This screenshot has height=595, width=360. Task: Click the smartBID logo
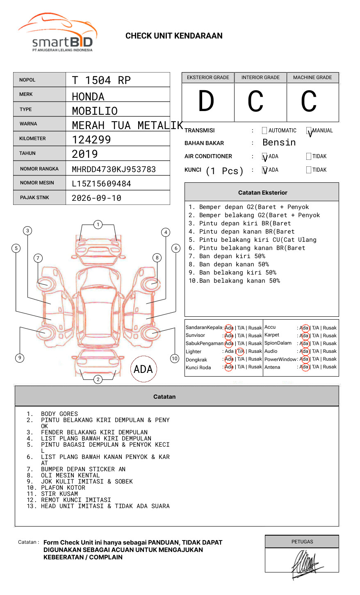pos(57,34)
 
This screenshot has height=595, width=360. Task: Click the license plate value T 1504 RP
pos(101,80)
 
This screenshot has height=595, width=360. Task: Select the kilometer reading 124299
pos(91,140)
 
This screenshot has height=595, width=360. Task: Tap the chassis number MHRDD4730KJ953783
pos(114,169)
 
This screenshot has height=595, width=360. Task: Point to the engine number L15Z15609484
pos(101,184)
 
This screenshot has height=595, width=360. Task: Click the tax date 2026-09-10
pos(96,198)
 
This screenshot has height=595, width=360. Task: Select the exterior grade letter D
pos(206,101)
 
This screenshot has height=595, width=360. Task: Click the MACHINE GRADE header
pos(312,77)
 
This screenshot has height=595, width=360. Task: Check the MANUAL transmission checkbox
pos(309,131)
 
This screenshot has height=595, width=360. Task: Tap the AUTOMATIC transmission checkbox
pos(264,131)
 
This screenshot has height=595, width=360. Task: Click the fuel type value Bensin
pos(279,143)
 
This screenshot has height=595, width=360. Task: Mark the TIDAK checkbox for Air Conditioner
pos(309,157)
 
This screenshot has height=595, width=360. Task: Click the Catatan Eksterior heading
pos(262,193)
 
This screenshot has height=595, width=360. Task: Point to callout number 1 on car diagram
pos(98,225)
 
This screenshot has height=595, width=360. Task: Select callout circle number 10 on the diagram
pos(175,359)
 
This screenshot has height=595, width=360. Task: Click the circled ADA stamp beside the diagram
pos(143,369)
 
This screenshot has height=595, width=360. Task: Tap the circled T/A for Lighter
pos(240,351)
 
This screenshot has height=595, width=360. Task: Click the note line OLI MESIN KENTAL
pos(70,475)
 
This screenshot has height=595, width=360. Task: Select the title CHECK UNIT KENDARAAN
pos(174,36)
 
